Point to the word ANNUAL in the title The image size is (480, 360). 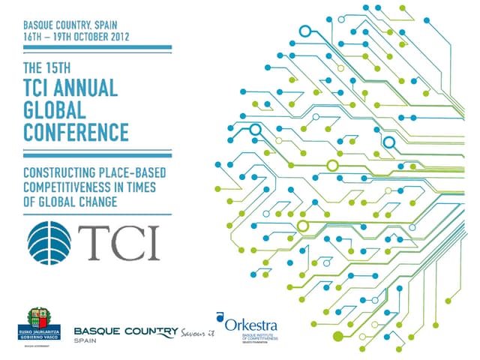tap(89, 88)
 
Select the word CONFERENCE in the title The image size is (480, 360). tap(76, 132)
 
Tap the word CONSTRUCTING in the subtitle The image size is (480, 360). tap(63, 173)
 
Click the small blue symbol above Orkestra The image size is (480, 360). tap(219, 316)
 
